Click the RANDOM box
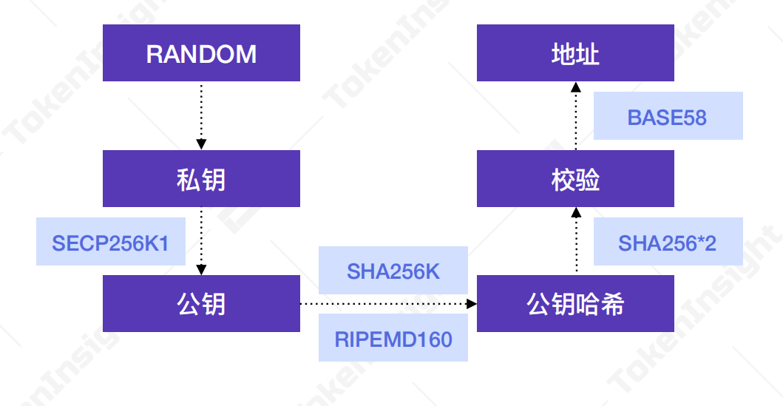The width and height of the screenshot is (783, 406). click(201, 53)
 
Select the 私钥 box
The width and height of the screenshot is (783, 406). click(201, 179)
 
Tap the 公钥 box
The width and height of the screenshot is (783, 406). click(201, 303)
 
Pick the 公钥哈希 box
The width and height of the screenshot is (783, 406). click(575, 303)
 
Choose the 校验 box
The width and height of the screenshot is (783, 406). click(575, 179)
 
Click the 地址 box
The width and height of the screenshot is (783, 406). click(575, 53)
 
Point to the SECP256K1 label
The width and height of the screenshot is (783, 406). click(110, 242)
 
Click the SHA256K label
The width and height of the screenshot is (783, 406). click(393, 271)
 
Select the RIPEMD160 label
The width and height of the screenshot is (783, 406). click(393, 339)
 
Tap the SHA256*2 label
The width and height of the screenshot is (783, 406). click(668, 242)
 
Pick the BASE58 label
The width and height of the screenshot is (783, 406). click(668, 116)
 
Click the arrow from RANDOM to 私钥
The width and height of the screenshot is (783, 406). click(201, 115)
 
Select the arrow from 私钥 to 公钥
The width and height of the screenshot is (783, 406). click(201, 240)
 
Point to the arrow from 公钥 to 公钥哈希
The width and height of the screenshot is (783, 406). click(384, 303)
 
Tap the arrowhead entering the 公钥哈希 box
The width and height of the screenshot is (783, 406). click(472, 303)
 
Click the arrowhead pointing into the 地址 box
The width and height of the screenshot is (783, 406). click(576, 87)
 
